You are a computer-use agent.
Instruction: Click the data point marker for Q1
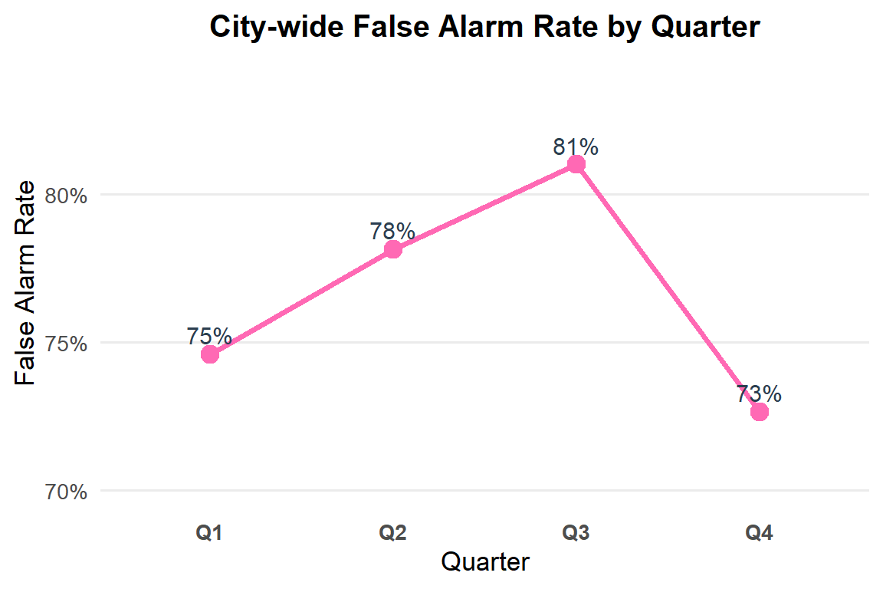(x=210, y=354)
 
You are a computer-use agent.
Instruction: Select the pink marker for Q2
(x=393, y=249)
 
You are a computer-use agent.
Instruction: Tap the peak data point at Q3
(x=576, y=164)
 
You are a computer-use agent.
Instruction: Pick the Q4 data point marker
(x=760, y=412)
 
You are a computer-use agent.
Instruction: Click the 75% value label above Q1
(x=209, y=336)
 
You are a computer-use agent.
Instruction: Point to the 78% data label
(x=392, y=231)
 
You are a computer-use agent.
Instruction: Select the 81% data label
(x=576, y=146)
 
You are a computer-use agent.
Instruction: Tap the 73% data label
(x=759, y=394)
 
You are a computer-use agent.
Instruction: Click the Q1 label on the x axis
(x=209, y=533)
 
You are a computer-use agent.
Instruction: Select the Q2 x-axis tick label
(x=392, y=533)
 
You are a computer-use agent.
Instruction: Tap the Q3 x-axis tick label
(x=576, y=533)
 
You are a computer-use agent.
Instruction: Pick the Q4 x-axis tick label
(x=759, y=533)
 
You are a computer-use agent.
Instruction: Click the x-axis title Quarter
(x=485, y=562)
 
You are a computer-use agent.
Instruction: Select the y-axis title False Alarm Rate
(x=26, y=284)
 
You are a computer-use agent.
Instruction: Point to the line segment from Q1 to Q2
(x=301, y=302)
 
